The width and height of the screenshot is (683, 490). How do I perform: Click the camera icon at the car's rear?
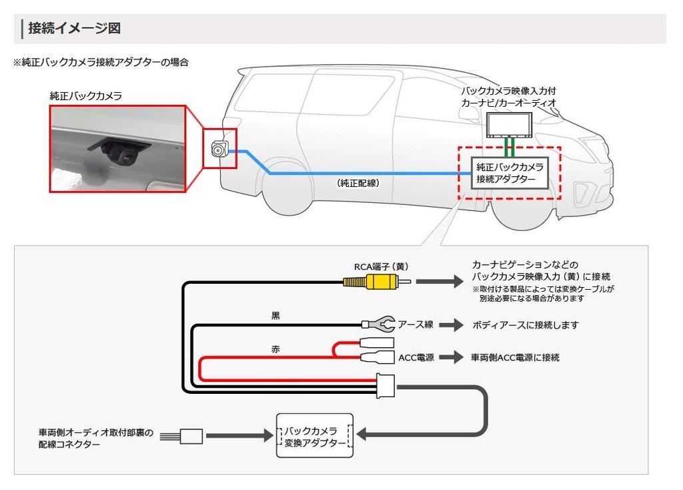tap(218, 150)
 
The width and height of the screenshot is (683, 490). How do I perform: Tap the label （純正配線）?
tap(359, 183)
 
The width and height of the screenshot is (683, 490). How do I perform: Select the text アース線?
tap(416, 325)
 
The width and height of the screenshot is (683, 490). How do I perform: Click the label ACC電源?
tap(416, 358)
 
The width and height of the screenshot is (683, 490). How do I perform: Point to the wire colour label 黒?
tap(275, 316)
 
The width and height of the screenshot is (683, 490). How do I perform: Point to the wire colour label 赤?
tap(275, 350)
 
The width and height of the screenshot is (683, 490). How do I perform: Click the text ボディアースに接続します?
tap(525, 325)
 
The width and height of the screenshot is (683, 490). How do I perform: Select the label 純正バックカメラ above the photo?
tap(85, 96)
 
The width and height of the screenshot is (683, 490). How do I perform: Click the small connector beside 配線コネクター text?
tap(192, 437)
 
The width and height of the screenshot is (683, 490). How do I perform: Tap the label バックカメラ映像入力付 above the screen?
tap(508, 90)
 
